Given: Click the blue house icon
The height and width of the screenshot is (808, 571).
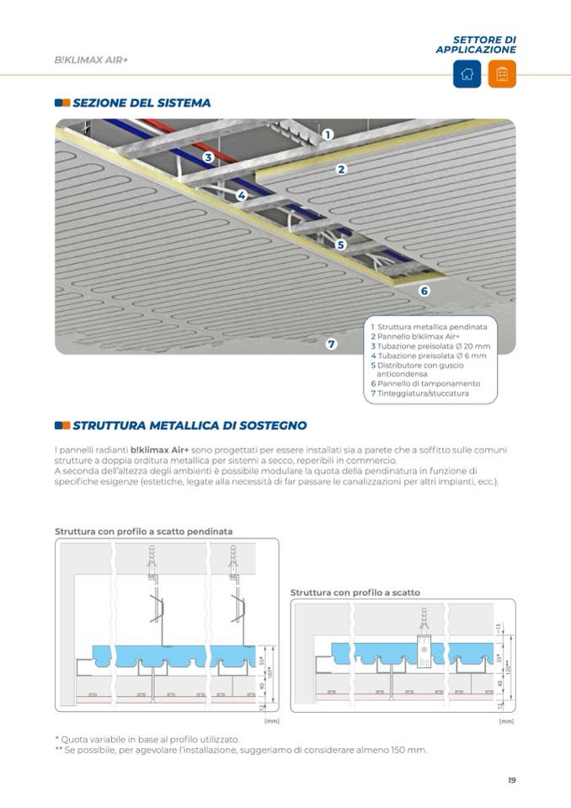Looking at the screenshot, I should (467, 74).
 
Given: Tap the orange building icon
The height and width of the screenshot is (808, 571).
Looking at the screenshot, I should (502, 74).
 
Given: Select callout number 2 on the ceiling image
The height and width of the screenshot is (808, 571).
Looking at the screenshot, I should (342, 169).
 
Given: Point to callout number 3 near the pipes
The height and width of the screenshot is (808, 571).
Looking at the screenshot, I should (208, 157).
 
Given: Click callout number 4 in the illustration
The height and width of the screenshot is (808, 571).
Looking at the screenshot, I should (242, 195).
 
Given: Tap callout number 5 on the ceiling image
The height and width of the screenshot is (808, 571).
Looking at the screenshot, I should (341, 245).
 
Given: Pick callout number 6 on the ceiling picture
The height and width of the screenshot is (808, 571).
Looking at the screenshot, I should (424, 291).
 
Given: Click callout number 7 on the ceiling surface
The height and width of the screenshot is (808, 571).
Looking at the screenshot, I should (332, 344).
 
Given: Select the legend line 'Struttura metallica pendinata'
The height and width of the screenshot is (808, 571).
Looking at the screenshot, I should (430, 326).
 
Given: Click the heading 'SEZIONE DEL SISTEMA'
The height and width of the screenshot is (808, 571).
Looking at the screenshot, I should (141, 103).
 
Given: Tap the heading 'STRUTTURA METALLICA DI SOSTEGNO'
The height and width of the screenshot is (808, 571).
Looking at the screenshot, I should (189, 425).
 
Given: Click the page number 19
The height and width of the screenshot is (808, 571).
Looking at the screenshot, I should (511, 780).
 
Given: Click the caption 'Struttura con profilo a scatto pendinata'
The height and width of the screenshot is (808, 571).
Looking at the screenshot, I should (144, 532).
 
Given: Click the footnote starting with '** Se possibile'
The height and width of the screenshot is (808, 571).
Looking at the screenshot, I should (241, 749).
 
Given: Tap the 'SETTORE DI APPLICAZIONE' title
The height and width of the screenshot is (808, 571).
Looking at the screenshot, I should (477, 45).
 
